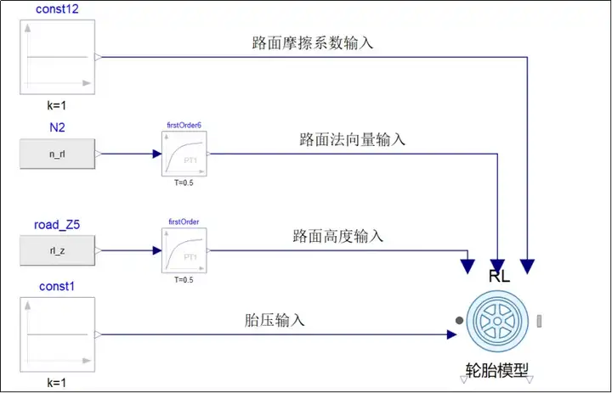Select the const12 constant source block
pos(58,57)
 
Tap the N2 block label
pos(58,127)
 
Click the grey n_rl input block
pos(58,154)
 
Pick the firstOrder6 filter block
pos(184,154)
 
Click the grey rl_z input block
pos(58,250)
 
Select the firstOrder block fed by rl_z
pos(184,250)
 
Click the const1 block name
pos(58,287)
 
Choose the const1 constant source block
pos(58,334)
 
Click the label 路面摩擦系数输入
pos(312,42)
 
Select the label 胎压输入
pos(275,320)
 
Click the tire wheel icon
pos(498,320)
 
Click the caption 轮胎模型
pos(497,371)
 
